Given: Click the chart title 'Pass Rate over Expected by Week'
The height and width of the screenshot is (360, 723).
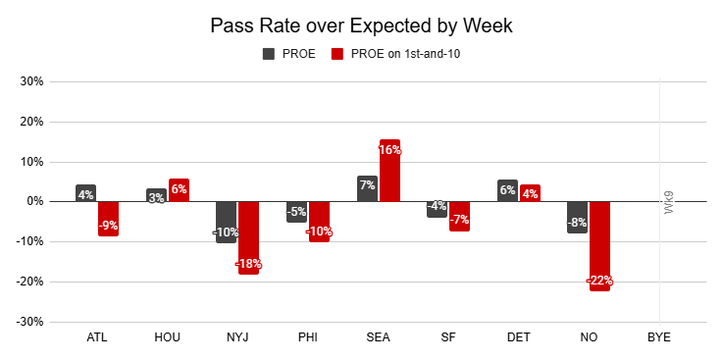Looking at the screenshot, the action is click(x=361, y=26).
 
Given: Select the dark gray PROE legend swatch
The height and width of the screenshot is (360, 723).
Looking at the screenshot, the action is click(x=269, y=54).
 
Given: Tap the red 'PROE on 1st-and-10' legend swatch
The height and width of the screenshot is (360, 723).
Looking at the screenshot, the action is click(x=337, y=54).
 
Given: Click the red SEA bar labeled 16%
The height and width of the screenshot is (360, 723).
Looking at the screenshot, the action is click(x=389, y=171).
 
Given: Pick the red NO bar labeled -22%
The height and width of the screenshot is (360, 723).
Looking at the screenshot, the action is click(x=599, y=246).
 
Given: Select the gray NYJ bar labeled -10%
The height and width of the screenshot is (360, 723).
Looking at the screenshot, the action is click(x=226, y=222).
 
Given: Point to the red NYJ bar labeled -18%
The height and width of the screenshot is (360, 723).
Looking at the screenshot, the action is click(x=248, y=237).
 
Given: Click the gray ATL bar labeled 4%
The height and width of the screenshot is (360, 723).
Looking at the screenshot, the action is click(x=85, y=193).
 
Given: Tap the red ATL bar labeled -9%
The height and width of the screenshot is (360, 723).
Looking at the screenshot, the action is click(x=108, y=219).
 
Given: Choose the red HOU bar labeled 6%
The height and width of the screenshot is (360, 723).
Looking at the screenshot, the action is click(x=179, y=190).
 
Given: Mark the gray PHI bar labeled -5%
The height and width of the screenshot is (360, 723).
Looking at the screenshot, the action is click(x=296, y=212).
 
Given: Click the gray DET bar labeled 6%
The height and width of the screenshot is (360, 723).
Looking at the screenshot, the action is click(x=507, y=191).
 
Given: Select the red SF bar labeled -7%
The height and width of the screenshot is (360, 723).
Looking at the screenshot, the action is click(x=459, y=216).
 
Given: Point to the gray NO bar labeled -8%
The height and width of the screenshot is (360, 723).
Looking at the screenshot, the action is click(x=577, y=217).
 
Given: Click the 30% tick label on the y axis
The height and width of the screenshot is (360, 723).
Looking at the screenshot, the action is click(x=31, y=81).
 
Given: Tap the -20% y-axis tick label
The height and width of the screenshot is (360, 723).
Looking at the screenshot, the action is click(x=29, y=282).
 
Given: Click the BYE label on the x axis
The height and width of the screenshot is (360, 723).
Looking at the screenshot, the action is click(x=658, y=337).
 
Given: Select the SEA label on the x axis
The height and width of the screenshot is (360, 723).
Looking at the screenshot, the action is click(x=378, y=337).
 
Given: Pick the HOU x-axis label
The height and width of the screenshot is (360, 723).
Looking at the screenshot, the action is click(x=168, y=337).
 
